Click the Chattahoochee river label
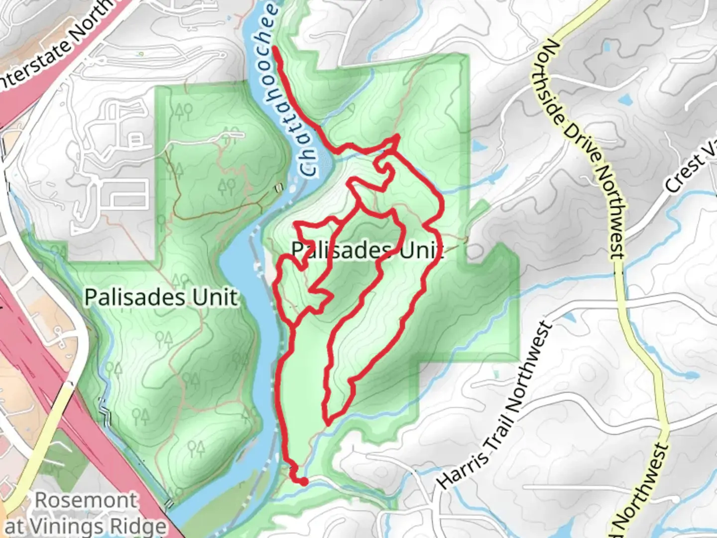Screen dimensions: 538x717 tap(289, 90)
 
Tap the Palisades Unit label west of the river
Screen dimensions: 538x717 tap(161, 297)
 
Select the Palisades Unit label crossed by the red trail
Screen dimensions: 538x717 tap(367, 250)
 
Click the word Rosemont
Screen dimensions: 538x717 tap(86, 500)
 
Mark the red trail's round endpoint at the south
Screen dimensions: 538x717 tap(302, 481)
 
